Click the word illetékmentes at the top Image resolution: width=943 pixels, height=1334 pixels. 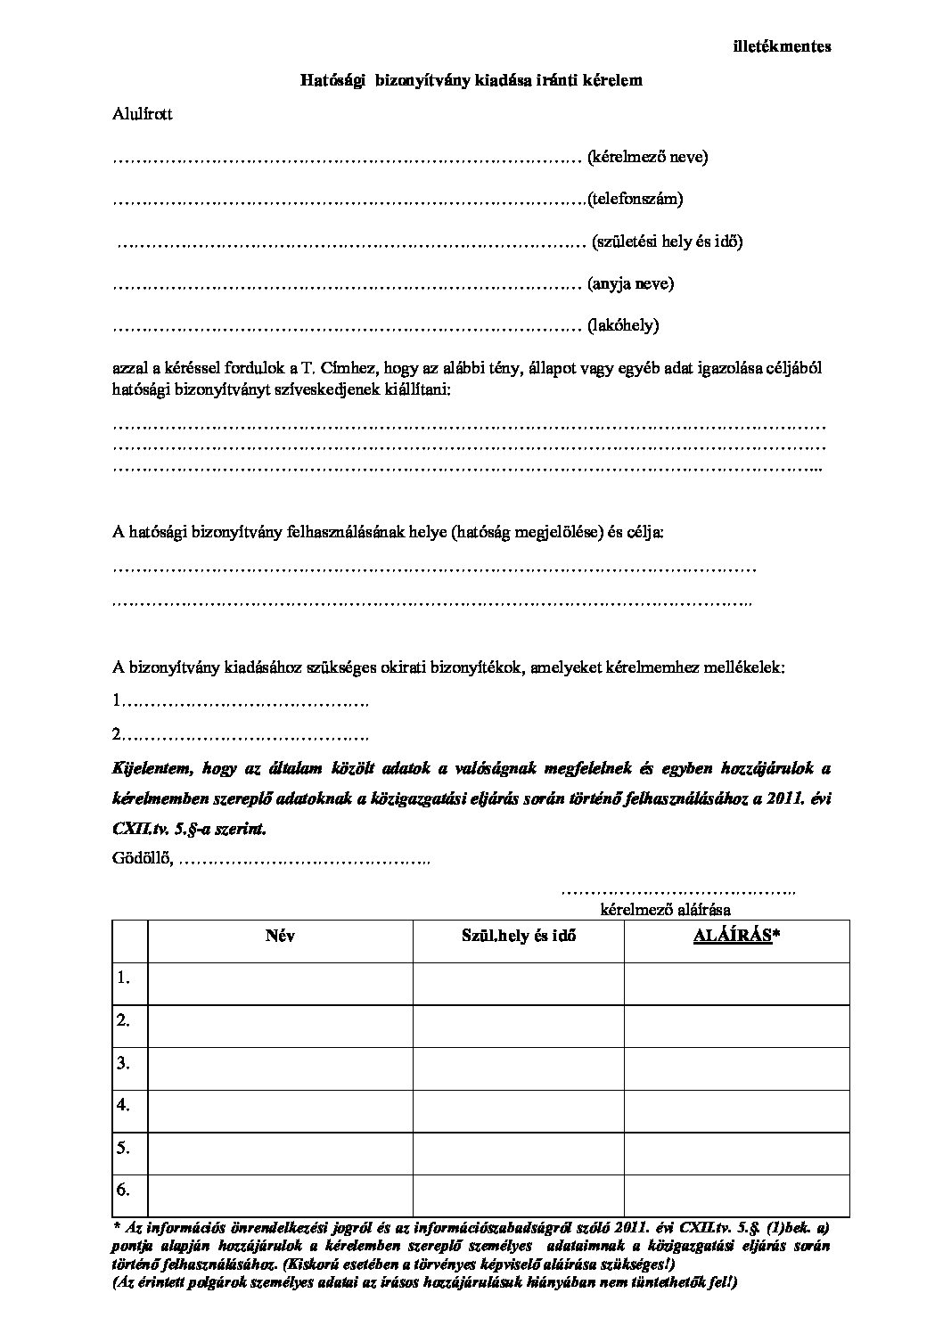(782, 46)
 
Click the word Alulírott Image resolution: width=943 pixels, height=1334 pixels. (143, 113)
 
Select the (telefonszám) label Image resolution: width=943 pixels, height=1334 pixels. (635, 199)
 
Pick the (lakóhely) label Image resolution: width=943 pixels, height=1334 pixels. (623, 325)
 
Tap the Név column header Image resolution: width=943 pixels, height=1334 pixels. (280, 937)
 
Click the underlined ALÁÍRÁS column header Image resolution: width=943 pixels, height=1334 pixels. (732, 937)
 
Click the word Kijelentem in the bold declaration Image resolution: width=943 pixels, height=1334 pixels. (150, 768)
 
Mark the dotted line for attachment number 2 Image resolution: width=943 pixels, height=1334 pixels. (245, 735)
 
